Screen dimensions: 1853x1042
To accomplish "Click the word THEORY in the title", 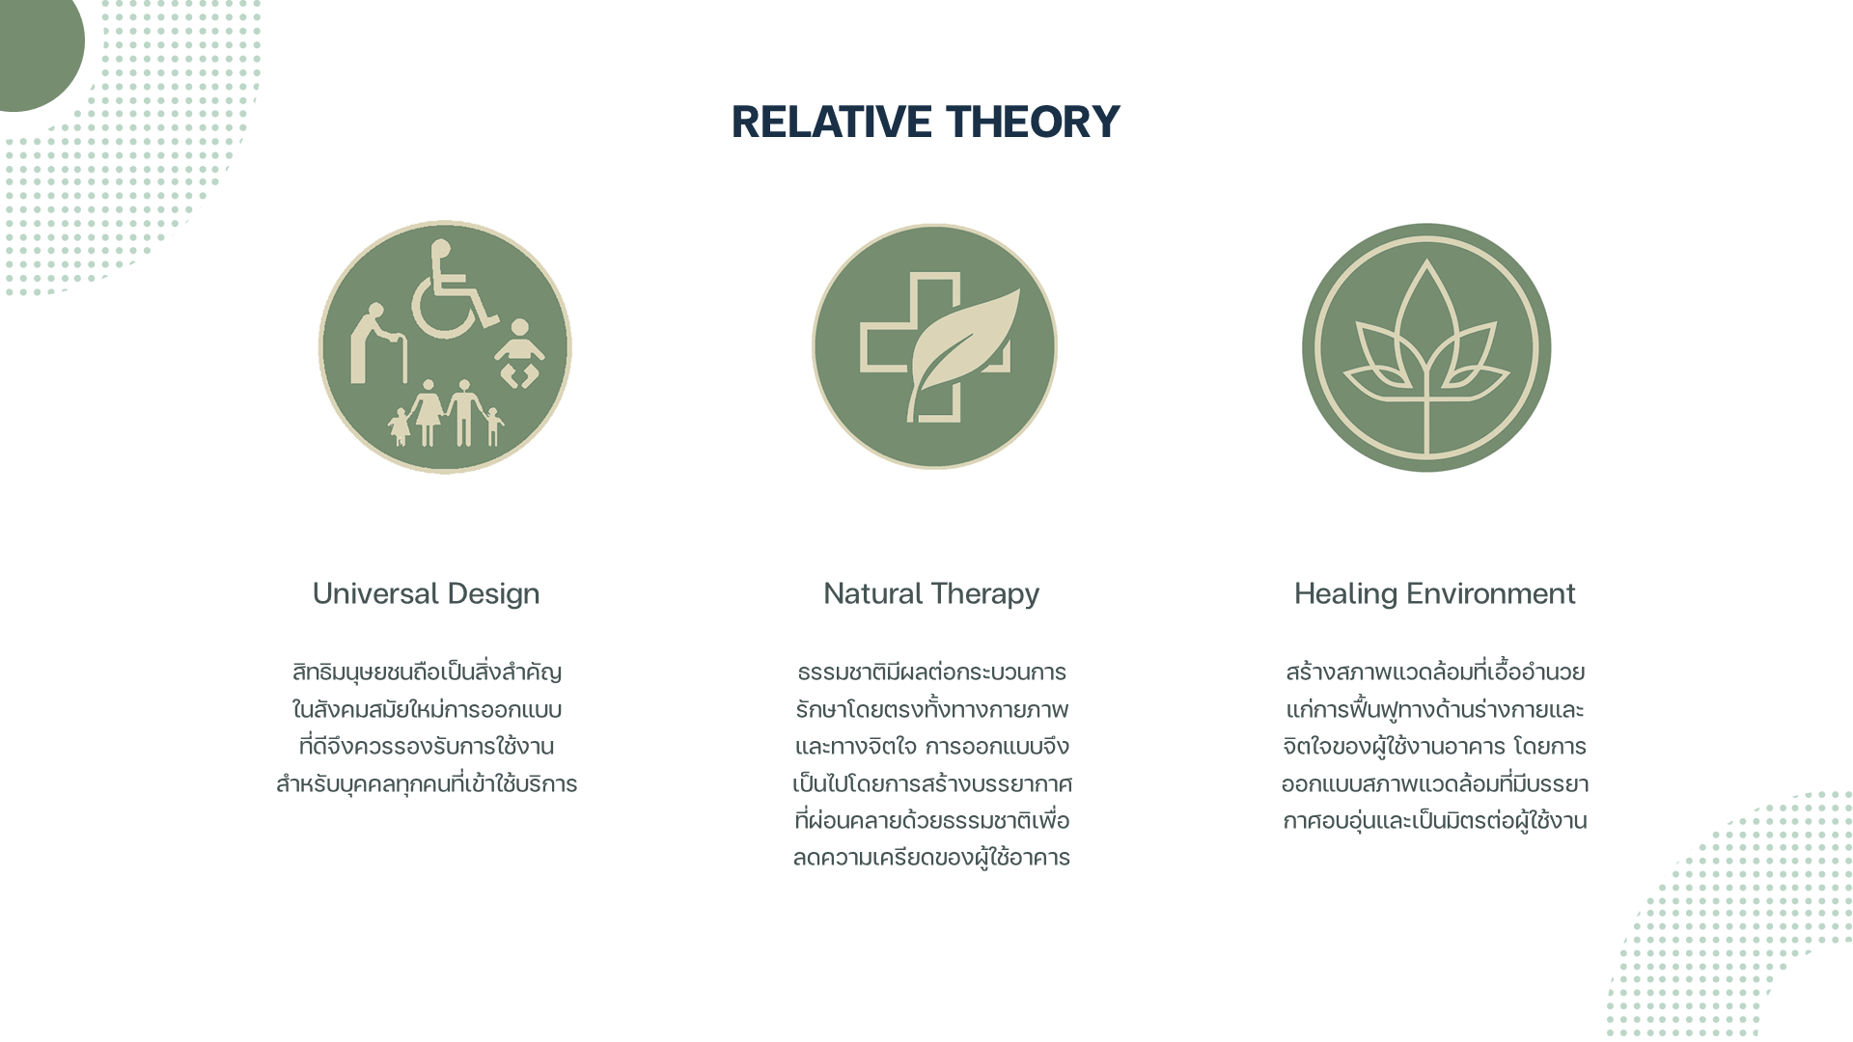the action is [1033, 122].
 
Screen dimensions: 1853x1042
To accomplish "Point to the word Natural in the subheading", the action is [872, 593].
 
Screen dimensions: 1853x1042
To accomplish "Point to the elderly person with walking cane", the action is [377, 344].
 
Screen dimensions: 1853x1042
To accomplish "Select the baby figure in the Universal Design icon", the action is [519, 353].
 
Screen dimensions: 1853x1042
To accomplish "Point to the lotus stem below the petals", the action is [1426, 415].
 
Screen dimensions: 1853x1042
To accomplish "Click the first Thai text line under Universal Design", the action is [427, 672].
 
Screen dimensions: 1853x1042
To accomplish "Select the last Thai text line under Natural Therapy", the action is [931, 858].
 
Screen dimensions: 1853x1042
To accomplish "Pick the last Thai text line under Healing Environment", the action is [1435, 821].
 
